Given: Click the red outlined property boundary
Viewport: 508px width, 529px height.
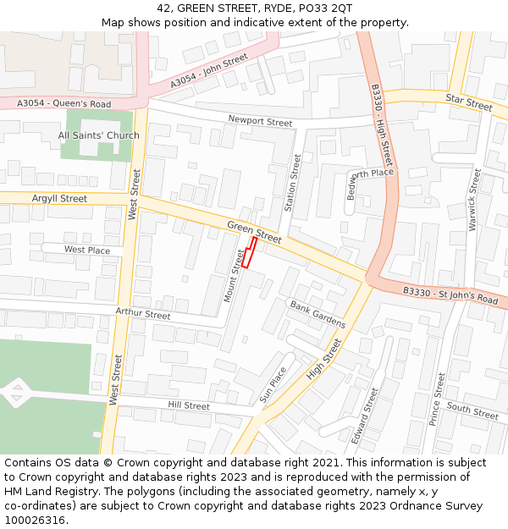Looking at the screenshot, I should (249, 252).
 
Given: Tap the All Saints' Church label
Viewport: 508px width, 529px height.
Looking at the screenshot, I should (99, 135).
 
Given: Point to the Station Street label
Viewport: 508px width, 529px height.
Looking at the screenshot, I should (293, 182).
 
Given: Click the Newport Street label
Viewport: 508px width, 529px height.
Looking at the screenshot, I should (260, 122).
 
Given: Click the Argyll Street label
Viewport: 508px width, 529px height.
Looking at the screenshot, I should (59, 199).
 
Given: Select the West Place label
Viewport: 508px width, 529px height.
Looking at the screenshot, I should (87, 251).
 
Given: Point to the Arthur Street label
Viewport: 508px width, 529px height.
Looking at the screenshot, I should (142, 314).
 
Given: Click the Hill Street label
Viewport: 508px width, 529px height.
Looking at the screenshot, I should (188, 406).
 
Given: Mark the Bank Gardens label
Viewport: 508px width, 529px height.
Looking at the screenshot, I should (317, 314).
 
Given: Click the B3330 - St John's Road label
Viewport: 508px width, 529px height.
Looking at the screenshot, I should (450, 295).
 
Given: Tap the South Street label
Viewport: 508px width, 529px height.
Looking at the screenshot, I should (472, 411).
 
